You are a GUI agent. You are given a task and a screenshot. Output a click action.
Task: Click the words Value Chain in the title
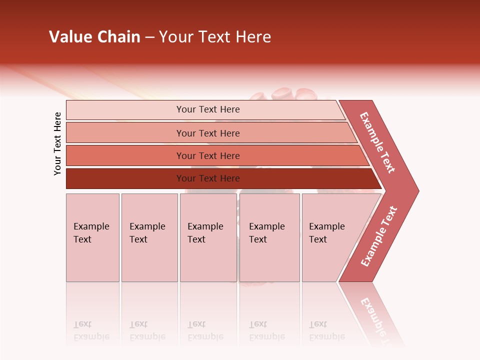(x=94, y=37)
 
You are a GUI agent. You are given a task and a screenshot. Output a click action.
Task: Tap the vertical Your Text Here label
(x=57, y=143)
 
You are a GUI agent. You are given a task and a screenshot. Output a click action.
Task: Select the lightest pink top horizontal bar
(x=125, y=110)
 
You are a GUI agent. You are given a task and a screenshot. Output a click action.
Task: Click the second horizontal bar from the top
(x=125, y=133)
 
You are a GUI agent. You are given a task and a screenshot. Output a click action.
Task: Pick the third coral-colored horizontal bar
(x=125, y=155)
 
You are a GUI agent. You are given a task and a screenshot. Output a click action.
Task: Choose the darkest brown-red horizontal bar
(x=125, y=178)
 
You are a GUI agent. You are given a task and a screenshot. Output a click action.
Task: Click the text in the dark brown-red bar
(x=208, y=178)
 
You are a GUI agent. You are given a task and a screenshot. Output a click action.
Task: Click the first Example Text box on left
(x=92, y=237)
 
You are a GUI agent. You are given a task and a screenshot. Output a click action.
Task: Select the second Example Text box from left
(x=149, y=237)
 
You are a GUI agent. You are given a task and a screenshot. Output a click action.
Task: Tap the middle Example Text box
(x=208, y=237)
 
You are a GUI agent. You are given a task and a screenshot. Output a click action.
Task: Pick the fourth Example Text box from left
(x=269, y=237)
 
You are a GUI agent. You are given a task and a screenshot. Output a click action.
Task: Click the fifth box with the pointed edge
(x=330, y=237)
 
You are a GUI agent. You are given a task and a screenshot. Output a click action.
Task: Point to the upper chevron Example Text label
(x=377, y=143)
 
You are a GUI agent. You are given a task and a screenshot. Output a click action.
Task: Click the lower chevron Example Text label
(x=379, y=236)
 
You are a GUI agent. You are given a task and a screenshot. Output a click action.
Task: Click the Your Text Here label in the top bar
(x=208, y=109)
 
